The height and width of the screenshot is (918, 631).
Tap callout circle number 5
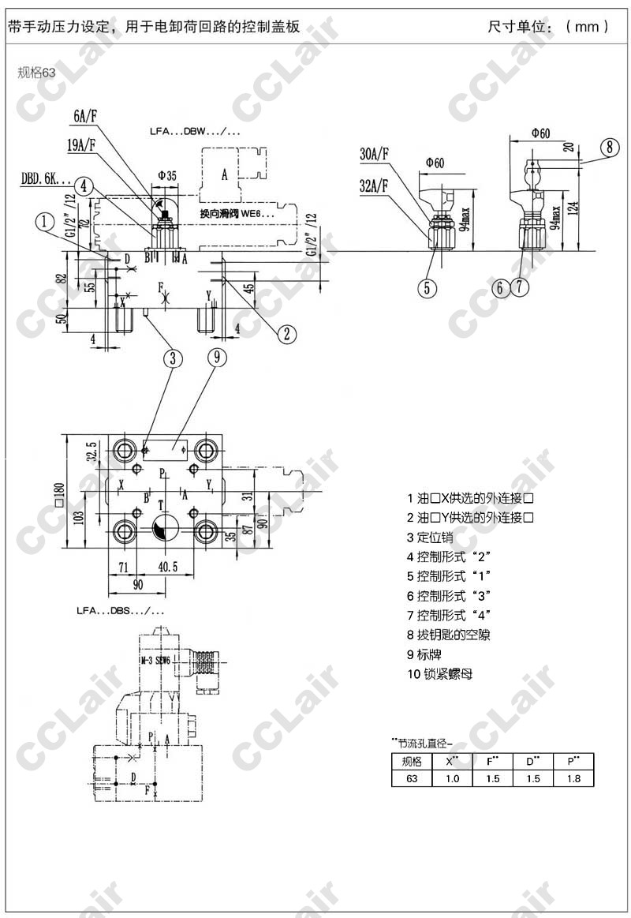pos(427,287)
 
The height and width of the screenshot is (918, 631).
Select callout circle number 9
pos(217,358)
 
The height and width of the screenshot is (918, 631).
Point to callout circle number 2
pos(288,333)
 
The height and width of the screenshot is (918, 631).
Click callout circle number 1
pos(47,222)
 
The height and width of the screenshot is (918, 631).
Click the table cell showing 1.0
pos(452,778)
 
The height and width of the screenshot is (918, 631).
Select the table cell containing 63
pos(412,778)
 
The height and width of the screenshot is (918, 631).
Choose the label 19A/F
pos(81,144)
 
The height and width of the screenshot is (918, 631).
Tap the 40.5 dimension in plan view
pos(166,567)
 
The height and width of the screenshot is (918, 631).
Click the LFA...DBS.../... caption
pos(120,611)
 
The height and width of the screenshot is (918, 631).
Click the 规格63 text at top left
pos(36,73)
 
